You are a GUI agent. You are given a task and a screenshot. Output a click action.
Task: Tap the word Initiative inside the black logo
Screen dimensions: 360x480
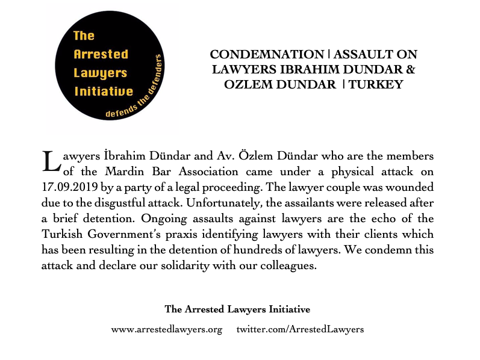tap(103, 92)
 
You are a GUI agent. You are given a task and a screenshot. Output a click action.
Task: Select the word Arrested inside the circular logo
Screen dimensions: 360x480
tap(101, 54)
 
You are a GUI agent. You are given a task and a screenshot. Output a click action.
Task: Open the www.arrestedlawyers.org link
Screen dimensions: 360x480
tap(167, 329)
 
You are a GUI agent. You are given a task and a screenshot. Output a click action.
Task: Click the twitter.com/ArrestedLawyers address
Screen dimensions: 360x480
tap(300, 329)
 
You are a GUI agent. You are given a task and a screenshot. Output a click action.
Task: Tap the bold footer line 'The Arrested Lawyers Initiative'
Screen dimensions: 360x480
tap(237, 309)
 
